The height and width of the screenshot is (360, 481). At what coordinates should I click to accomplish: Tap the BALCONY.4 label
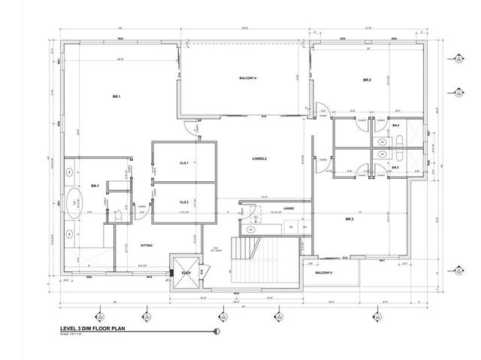click(248, 78)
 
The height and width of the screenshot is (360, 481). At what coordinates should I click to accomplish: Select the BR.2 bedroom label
click(368, 80)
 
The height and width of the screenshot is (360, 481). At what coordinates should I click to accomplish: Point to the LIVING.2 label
click(260, 159)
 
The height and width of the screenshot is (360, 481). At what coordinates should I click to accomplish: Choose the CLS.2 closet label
click(183, 202)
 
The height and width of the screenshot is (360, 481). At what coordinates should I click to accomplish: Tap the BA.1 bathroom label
click(95, 185)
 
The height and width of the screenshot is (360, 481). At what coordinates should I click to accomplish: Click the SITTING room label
click(147, 245)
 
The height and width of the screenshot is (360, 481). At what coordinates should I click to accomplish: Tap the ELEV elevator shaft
click(185, 275)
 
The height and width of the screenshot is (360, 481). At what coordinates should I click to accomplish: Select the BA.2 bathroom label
click(396, 126)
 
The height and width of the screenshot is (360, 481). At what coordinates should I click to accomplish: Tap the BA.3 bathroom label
click(396, 168)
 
